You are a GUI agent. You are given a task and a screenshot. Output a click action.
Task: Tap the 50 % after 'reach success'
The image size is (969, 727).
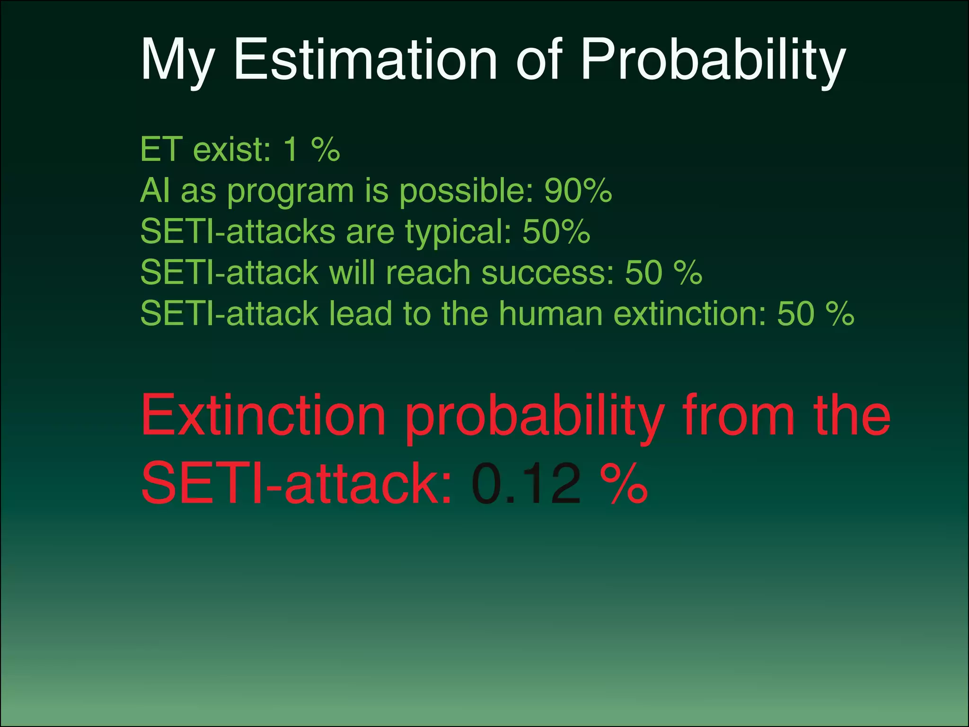coord(663,273)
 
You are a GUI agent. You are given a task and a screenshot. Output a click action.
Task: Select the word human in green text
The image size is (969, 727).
coord(550,313)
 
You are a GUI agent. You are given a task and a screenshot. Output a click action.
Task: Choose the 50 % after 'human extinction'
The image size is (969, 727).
coord(816,313)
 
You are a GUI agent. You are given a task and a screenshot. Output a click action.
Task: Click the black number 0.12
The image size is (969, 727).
coord(526,483)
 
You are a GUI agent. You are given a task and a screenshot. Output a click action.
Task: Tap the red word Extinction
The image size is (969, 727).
coord(263,415)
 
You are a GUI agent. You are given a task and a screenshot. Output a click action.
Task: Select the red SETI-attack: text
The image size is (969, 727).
coord(297,483)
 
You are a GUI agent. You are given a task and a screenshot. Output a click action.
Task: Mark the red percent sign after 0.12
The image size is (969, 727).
coord(624,483)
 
